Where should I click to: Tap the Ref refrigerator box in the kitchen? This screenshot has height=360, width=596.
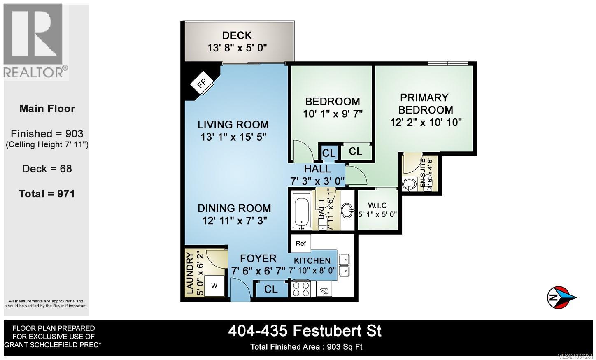[x=301, y=243]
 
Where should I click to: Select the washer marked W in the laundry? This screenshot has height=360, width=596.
[x=214, y=286]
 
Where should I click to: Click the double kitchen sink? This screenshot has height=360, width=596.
[x=344, y=265]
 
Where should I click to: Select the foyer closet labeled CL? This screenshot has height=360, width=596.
[x=271, y=289]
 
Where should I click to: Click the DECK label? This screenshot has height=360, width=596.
[x=237, y=35]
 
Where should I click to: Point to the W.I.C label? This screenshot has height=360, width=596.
[x=377, y=205]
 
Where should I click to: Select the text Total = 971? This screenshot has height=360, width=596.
[x=47, y=194]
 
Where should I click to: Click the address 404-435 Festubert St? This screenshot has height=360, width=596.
[x=305, y=331]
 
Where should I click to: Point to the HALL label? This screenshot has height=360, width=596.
[x=317, y=169]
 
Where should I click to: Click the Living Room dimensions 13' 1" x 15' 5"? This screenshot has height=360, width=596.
[x=233, y=137]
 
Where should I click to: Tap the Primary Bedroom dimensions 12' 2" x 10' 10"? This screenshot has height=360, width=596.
[x=426, y=122]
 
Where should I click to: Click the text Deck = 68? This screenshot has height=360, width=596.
[x=47, y=169]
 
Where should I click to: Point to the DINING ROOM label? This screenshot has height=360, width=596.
[x=234, y=208]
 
